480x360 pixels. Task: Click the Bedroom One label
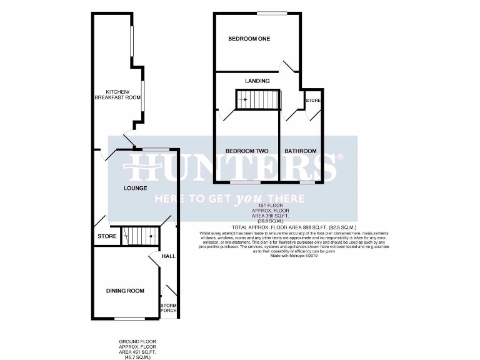pyautogui.click(x=249, y=39)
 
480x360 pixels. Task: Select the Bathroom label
pyautogui.click(x=301, y=151)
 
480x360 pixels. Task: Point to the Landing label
pyautogui.click(x=257, y=81)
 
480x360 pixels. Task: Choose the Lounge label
pyautogui.click(x=135, y=188)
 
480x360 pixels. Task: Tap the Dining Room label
pyautogui.click(x=125, y=291)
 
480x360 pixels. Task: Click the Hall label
pyautogui.click(x=168, y=257)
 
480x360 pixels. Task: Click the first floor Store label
pyautogui.click(x=312, y=101)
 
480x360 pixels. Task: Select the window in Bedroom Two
pyautogui.click(x=245, y=182)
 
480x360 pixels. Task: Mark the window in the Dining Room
pyautogui.click(x=124, y=319)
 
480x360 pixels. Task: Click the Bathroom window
pyautogui.click(x=306, y=182)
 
